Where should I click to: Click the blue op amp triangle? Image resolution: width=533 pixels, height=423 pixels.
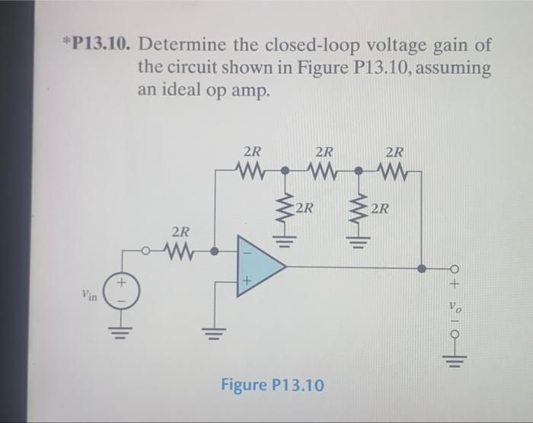pyautogui.click(x=259, y=266)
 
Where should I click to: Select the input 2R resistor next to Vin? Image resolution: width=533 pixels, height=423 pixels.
pyautogui.click(x=180, y=249)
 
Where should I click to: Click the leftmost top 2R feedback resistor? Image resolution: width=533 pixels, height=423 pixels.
pyautogui.click(x=251, y=167)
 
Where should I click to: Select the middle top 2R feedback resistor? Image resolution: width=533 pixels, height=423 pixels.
pyautogui.click(x=324, y=167)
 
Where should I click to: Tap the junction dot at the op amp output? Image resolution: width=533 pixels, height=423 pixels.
pyautogui.click(x=422, y=267)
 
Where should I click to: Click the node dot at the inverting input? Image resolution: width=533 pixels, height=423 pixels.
pyautogui.click(x=215, y=250)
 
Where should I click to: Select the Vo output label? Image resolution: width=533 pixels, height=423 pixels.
pyautogui.click(x=455, y=312)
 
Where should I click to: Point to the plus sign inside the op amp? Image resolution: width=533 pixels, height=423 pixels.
pyautogui.click(x=245, y=284)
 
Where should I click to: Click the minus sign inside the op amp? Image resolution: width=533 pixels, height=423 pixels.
pyautogui.click(x=245, y=249)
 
